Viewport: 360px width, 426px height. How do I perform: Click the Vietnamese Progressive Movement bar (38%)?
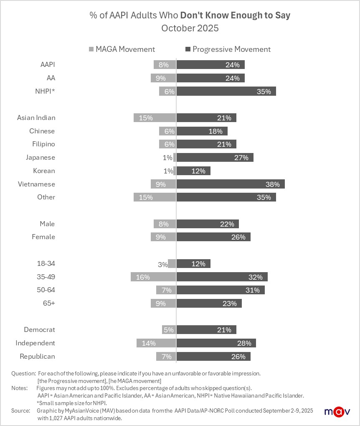[x=231, y=184]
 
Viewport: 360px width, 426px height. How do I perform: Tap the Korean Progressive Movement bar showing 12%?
[x=193, y=171]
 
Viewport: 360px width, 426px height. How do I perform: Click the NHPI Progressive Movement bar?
[x=226, y=92]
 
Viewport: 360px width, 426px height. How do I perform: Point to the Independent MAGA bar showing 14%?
[x=156, y=343]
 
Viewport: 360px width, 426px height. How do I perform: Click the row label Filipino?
[x=43, y=144]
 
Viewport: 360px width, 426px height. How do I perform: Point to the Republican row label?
[x=37, y=357]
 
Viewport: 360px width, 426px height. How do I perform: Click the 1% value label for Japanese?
[x=167, y=158]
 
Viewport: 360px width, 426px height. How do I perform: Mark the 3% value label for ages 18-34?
[x=162, y=264]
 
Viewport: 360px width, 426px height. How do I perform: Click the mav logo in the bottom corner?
[x=337, y=411]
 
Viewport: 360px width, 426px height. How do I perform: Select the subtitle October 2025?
[x=190, y=28]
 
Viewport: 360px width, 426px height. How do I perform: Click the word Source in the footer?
[x=21, y=411]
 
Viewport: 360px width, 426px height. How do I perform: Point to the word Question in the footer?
[x=23, y=373]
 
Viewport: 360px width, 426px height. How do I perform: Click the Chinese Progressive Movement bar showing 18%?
[x=202, y=131]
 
